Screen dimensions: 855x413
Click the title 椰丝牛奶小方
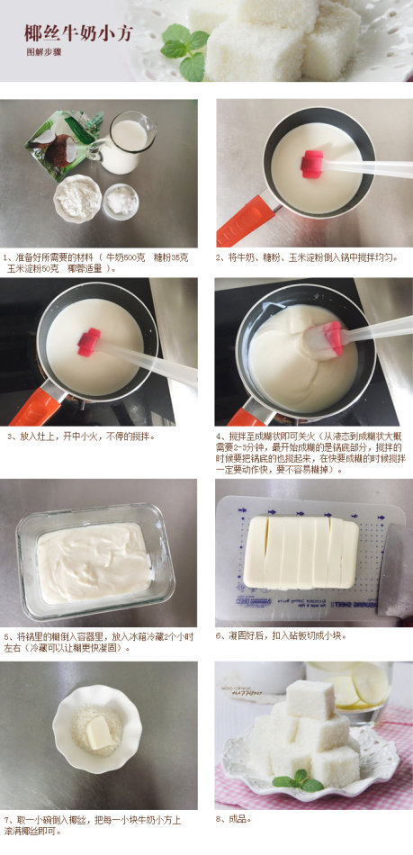coord(78,34)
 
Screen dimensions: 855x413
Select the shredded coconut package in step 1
coord(63,141)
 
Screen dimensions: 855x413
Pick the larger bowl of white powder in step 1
coord(76,198)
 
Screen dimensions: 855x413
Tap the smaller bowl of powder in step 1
coord(121,201)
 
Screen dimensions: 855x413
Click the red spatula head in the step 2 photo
coord(312,164)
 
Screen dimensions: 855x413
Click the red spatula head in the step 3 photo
coord(89,342)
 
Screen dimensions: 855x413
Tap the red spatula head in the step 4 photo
coord(332,337)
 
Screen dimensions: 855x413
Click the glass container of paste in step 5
coord(94,562)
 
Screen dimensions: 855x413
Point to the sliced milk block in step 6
coord(301,551)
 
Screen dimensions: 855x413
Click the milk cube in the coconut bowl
coord(98,733)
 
